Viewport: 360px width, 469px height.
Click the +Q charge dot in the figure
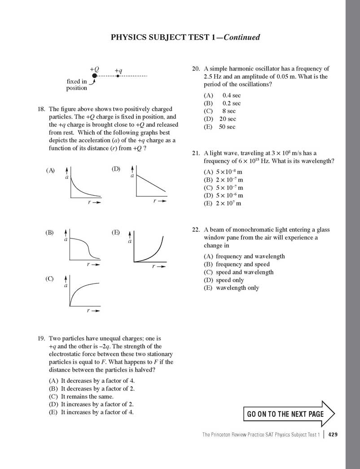[x=94, y=76]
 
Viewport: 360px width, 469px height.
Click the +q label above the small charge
[x=119, y=71]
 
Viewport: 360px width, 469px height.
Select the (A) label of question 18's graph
[x=50, y=170]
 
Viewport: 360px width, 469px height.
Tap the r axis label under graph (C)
[x=88, y=310]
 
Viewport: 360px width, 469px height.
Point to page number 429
[x=333, y=434]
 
